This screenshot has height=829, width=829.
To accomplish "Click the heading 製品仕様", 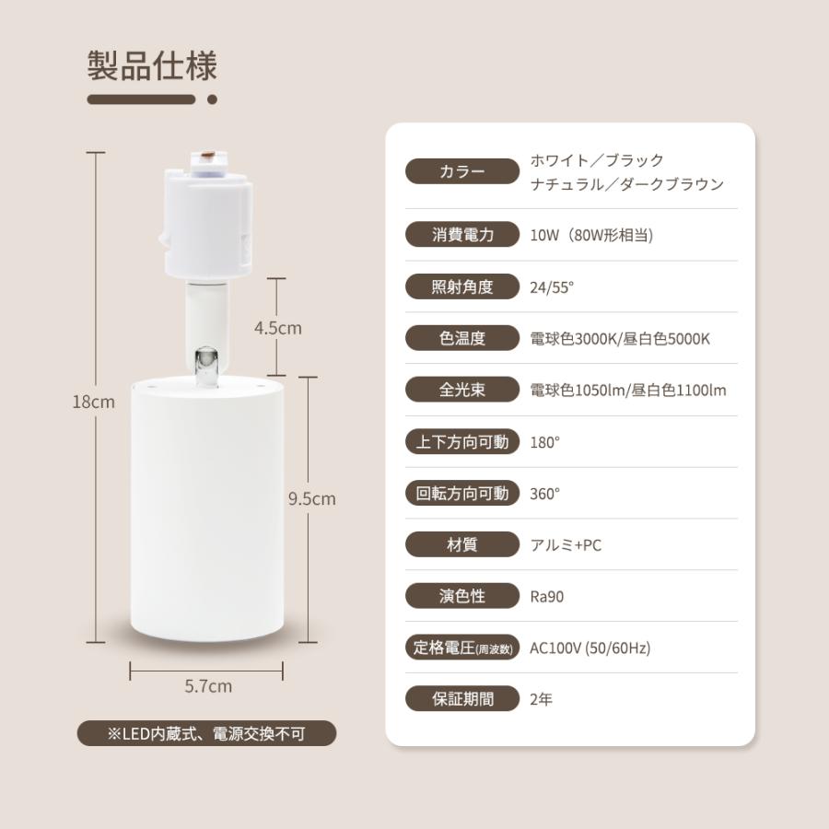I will click(152, 67).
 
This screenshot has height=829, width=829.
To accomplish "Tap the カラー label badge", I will click(462, 172).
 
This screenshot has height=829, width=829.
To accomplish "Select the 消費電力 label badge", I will click(462, 235).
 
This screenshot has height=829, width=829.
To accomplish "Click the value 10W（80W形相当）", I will click(591, 235).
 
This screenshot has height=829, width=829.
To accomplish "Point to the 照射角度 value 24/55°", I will click(552, 286).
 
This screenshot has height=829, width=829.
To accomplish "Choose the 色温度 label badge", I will click(462, 338).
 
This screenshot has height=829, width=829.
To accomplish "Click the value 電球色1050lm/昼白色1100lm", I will click(628, 390).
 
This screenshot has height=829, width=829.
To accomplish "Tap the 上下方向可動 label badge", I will click(462, 441).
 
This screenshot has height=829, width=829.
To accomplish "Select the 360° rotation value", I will click(545, 493).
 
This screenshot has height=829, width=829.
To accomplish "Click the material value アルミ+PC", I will click(566, 544).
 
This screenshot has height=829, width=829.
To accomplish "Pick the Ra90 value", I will click(547, 596).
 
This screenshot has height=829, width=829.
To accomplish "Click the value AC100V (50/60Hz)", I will click(590, 648).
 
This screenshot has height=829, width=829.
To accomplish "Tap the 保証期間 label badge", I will click(462, 699).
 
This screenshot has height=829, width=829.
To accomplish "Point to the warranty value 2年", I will click(542, 699).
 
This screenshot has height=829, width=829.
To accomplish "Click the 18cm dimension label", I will click(95, 402).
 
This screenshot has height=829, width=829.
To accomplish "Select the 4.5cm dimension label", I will click(278, 328).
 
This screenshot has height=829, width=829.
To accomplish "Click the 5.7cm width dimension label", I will click(208, 686).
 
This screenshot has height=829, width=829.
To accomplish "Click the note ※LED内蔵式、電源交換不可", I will click(207, 733).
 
